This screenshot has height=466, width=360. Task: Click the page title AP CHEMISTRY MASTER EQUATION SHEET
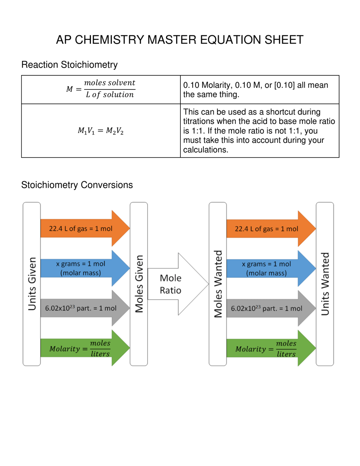coord(180,40)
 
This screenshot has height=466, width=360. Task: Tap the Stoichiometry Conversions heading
coord(77,185)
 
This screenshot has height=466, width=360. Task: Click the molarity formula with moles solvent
coord(100,89)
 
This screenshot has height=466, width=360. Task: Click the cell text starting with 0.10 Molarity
coord(255,89)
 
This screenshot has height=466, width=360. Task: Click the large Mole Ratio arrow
coord(178,284)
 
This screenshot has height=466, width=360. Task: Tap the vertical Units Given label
coord(32,284)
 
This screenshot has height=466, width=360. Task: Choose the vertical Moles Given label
coord(139,284)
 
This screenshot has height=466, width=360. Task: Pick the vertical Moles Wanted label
coord(218,284)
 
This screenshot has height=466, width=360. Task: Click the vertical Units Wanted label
coord(325,284)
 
